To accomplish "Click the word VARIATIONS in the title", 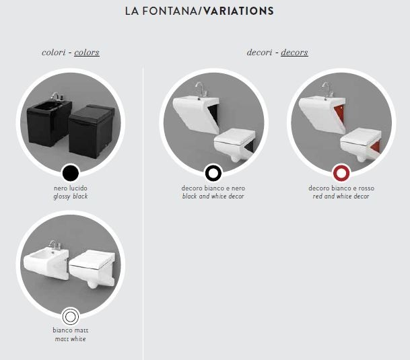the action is click(238, 11).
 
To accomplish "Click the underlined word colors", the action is click(87, 52).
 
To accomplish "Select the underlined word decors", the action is click(294, 52).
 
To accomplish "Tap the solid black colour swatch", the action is click(71, 172).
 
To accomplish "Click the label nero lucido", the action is click(71, 188).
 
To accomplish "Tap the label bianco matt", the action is click(71, 330).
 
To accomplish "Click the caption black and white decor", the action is click(213, 196).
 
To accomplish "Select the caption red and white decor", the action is click(341, 196).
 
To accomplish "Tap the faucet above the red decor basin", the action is click(327, 89).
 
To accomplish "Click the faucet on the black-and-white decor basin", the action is click(201, 89).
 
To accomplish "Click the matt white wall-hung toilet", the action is click(92, 268).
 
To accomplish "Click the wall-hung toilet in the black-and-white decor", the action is click(234, 144).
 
